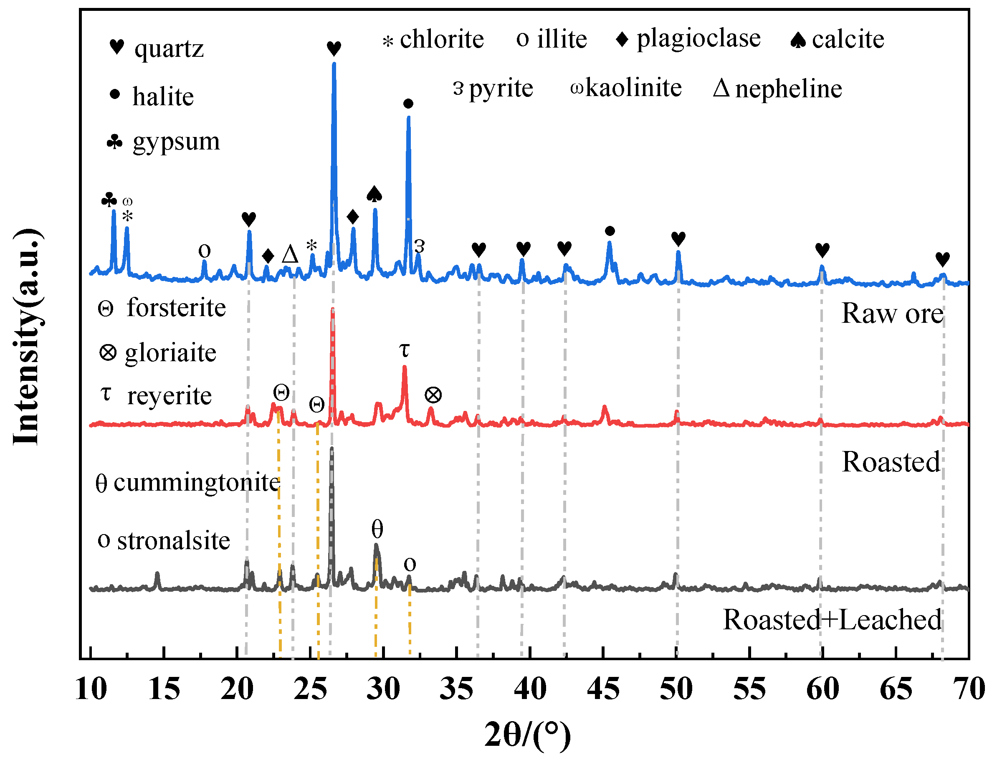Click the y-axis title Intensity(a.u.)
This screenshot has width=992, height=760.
click(27, 337)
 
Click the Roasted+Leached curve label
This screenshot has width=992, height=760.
click(832, 620)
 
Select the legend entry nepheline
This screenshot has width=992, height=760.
click(788, 88)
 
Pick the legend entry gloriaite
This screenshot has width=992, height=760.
click(170, 353)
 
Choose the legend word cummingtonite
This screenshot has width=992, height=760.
click(196, 482)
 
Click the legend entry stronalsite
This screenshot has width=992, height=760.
click(173, 541)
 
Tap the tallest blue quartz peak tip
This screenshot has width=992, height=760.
click(334, 65)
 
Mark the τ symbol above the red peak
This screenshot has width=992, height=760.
click(404, 350)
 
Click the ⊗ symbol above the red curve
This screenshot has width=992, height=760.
click(433, 395)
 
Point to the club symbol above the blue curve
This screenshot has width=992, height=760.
click(109, 200)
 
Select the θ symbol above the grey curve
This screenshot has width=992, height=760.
click(377, 529)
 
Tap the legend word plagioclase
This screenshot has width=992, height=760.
click(698, 38)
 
